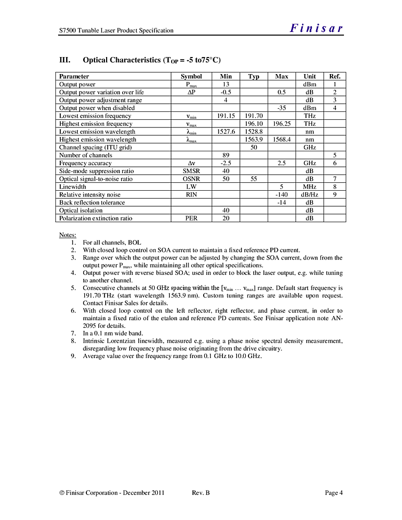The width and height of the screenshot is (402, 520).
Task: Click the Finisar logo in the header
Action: pyautogui.click(x=317, y=29)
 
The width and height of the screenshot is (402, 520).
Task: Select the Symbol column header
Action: pyautogui.click(x=191, y=77)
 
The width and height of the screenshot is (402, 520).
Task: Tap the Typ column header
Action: pyautogui.click(x=254, y=77)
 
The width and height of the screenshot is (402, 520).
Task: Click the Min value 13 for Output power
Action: pyautogui.click(x=226, y=84)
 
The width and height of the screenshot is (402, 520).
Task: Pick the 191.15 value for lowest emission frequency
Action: pyautogui.click(x=226, y=116)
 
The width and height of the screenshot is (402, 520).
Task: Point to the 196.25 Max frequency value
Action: pyautogui.click(x=282, y=124)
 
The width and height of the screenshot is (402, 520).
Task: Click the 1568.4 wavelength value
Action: pyautogui.click(x=282, y=140)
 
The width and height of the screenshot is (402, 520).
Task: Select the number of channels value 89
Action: pyautogui.click(x=226, y=155)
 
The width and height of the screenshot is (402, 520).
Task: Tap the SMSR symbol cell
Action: pyautogui.click(x=191, y=171)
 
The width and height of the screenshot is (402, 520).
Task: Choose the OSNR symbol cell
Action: pyautogui.click(x=191, y=179)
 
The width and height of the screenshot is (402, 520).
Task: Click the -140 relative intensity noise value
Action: pyautogui.click(x=282, y=194)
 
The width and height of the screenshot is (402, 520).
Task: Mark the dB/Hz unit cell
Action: pyautogui.click(x=310, y=194)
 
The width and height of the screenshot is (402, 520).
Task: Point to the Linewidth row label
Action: pyautogui.click(x=73, y=187)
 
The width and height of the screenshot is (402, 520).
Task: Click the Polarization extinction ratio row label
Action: pyautogui.click(x=95, y=218)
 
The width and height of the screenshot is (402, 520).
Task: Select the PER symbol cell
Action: pyautogui.click(x=191, y=218)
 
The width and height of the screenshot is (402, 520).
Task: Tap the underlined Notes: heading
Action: pyautogui.click(x=68, y=235)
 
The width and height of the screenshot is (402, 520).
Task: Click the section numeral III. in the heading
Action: pyautogui.click(x=65, y=60)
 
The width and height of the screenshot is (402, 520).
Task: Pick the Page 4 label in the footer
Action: pyautogui.click(x=334, y=493)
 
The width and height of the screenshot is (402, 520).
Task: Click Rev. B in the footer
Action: pyautogui.click(x=200, y=493)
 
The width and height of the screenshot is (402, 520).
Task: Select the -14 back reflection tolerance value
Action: pyautogui.click(x=282, y=202)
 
